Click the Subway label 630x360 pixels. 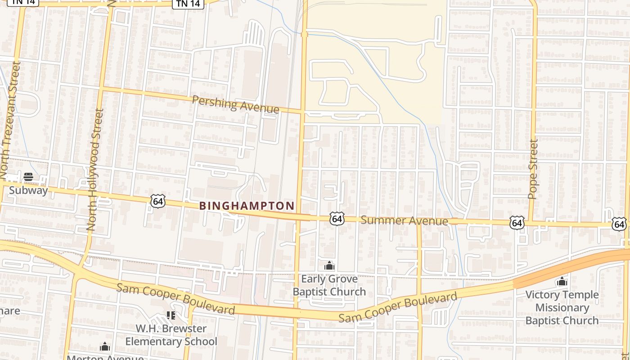point(28,190)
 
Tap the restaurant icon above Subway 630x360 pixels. point(28,176)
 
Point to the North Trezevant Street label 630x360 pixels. point(10,120)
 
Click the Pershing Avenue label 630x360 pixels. point(235,104)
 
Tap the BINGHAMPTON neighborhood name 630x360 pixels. point(247,206)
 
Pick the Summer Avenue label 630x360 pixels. point(404,220)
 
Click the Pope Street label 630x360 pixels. point(533,169)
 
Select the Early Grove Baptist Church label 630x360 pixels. point(329,285)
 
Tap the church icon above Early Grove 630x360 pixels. point(329,266)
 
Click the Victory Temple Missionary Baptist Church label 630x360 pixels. point(562,308)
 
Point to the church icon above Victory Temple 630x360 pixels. point(562,282)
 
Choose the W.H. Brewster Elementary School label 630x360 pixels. point(171,335)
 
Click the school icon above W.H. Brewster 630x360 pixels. point(171,315)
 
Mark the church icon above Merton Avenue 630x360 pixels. point(105,346)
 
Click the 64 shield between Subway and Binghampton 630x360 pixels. point(158,201)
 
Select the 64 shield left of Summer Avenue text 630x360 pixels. point(337,219)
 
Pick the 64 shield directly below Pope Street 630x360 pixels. point(517,222)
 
